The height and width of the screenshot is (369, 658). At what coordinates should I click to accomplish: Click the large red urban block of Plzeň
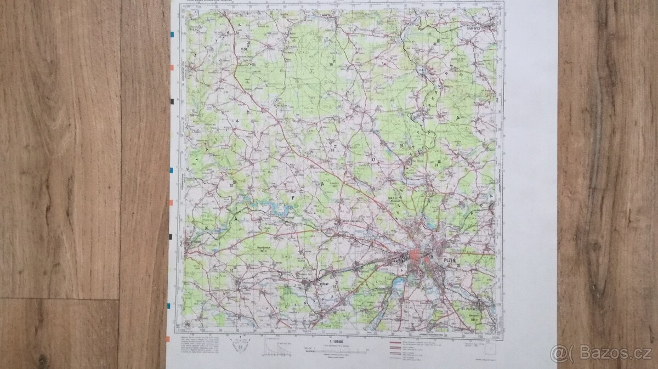pyautogui.click(x=415, y=256)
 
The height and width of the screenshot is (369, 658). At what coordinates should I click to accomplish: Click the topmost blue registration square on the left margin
pyautogui.click(x=173, y=35)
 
